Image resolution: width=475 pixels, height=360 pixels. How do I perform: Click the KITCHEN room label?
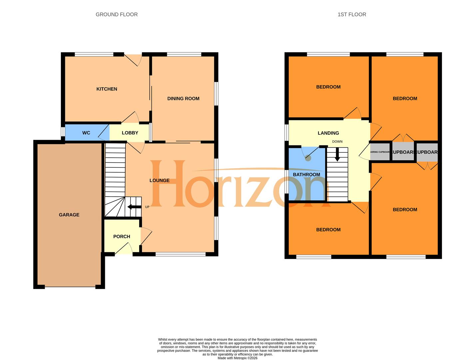click(x=107, y=89)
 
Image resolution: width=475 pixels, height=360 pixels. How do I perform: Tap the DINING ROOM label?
click(x=183, y=98)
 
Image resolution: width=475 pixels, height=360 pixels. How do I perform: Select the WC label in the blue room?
click(x=86, y=133)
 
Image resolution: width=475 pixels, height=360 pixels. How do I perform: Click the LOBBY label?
click(x=130, y=133)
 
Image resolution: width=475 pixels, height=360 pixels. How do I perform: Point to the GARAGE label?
click(x=69, y=215)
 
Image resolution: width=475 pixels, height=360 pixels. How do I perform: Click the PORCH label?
click(x=122, y=236)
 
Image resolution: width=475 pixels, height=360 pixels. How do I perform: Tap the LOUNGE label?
click(x=159, y=180)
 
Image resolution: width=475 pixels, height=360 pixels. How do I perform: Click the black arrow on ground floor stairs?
click(x=134, y=207)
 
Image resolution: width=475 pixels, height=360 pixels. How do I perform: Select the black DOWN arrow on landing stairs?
click(x=337, y=155)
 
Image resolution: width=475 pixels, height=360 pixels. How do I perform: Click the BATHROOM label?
click(x=306, y=174)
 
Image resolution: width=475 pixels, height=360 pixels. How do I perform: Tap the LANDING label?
click(x=328, y=133)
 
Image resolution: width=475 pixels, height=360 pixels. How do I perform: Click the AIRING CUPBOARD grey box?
click(x=380, y=152)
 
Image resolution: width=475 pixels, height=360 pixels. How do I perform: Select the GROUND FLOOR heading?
click(x=117, y=14)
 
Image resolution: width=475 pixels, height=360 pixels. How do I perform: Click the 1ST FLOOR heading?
click(x=352, y=14)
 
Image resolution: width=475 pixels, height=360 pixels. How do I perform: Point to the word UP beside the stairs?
click(x=147, y=207)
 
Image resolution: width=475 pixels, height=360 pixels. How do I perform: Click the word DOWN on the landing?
click(x=337, y=142)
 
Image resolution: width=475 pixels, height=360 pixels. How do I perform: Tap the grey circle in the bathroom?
click(x=308, y=158)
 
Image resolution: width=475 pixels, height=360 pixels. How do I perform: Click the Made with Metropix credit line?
click(x=237, y=358)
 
